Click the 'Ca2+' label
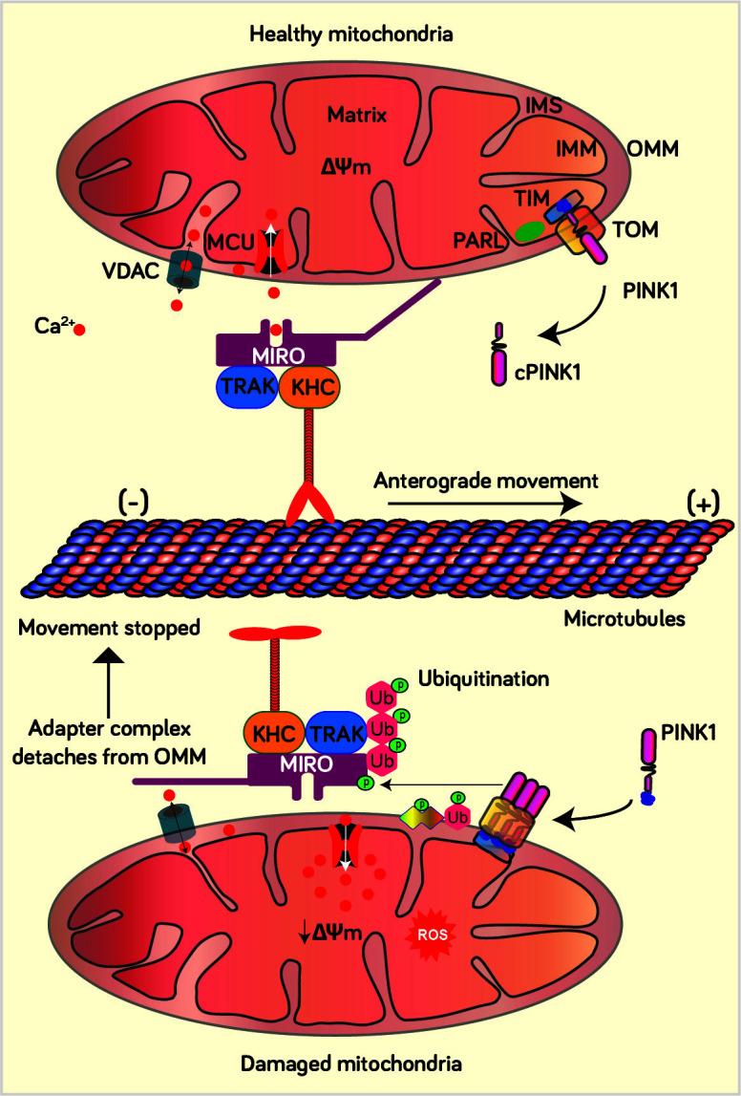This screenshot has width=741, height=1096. pyautogui.click(x=47, y=329)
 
